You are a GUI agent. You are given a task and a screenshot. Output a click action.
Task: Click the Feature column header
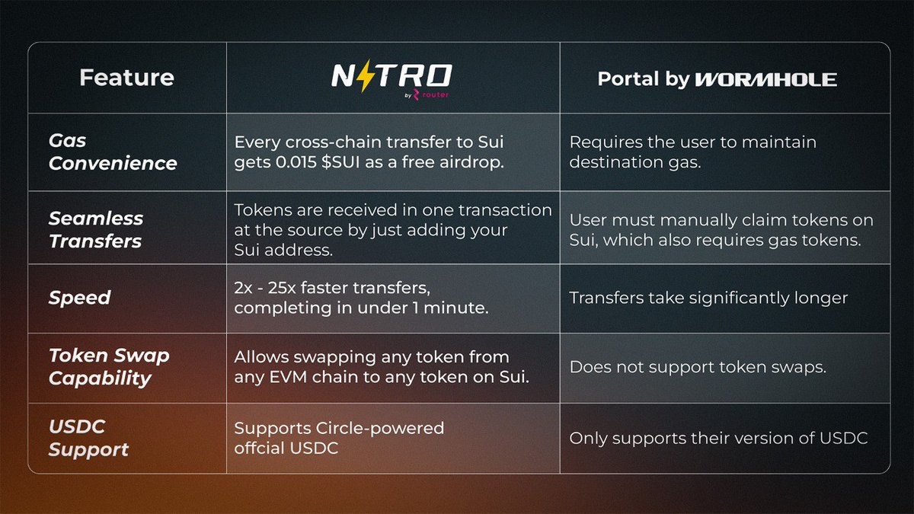126,78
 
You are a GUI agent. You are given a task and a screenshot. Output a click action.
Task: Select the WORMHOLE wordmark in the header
766,79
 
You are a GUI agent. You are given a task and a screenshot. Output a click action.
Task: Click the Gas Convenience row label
113,152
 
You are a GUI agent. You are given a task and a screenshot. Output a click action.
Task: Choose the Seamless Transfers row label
96,229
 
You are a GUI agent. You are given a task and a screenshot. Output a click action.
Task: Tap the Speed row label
79,298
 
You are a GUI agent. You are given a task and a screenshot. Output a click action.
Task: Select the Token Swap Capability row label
109,366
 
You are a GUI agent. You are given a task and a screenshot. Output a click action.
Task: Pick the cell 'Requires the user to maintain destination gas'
692,152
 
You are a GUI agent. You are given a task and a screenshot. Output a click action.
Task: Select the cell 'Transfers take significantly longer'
708,298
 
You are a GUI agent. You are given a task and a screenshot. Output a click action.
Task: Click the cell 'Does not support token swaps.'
698,366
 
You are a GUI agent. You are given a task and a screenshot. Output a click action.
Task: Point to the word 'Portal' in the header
624,79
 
